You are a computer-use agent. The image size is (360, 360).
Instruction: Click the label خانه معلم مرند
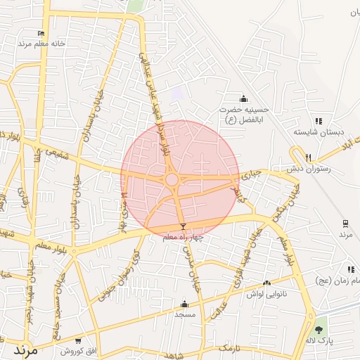click(x=44, y=43)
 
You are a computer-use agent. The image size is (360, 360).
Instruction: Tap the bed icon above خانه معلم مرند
click(x=41, y=33)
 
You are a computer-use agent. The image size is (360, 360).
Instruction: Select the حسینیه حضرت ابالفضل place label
click(x=239, y=115)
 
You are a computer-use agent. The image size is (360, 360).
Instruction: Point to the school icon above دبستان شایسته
click(x=319, y=121)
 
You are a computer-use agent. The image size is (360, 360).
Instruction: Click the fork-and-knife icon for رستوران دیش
click(x=308, y=158)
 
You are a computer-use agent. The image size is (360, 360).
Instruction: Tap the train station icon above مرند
click(x=345, y=224)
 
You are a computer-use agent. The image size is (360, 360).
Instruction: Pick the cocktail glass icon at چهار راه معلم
click(x=184, y=226)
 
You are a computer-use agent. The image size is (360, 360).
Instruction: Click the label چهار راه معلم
click(x=182, y=238)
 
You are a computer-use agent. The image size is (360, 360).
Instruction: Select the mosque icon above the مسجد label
click(x=184, y=304)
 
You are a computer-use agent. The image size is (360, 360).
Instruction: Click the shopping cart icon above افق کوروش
click(x=78, y=340)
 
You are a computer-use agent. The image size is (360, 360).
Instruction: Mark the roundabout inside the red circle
click(x=172, y=180)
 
